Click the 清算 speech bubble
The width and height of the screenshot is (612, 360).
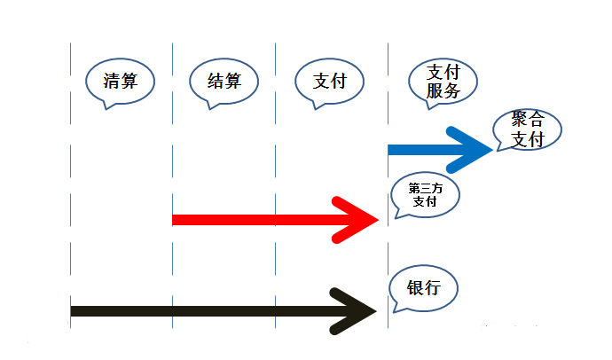tap(121, 82)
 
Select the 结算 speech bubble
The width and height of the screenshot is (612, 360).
tap(224, 82)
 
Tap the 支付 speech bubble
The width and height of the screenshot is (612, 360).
tap(329, 82)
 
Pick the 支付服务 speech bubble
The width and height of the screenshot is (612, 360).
tap(443, 82)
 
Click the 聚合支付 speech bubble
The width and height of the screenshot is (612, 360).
tap(528, 129)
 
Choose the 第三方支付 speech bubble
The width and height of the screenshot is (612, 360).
tap(426, 194)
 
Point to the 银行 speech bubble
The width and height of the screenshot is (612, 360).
tap(423, 288)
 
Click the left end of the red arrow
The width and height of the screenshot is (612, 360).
tap(173, 220)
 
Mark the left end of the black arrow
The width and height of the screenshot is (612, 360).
tap(71, 311)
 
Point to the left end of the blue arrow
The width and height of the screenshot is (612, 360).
tap(388, 150)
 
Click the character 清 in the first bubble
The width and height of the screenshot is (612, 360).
tap(111, 81)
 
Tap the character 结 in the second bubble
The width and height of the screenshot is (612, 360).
tap(216, 81)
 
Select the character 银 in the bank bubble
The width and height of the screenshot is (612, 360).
tap(415, 288)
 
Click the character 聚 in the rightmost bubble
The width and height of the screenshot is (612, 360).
tap(520, 119)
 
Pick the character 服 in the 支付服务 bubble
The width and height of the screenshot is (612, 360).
tap(435, 90)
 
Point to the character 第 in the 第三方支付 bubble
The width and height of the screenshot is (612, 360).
tap(414, 189)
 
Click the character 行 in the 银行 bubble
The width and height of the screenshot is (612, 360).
tap(433, 288)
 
